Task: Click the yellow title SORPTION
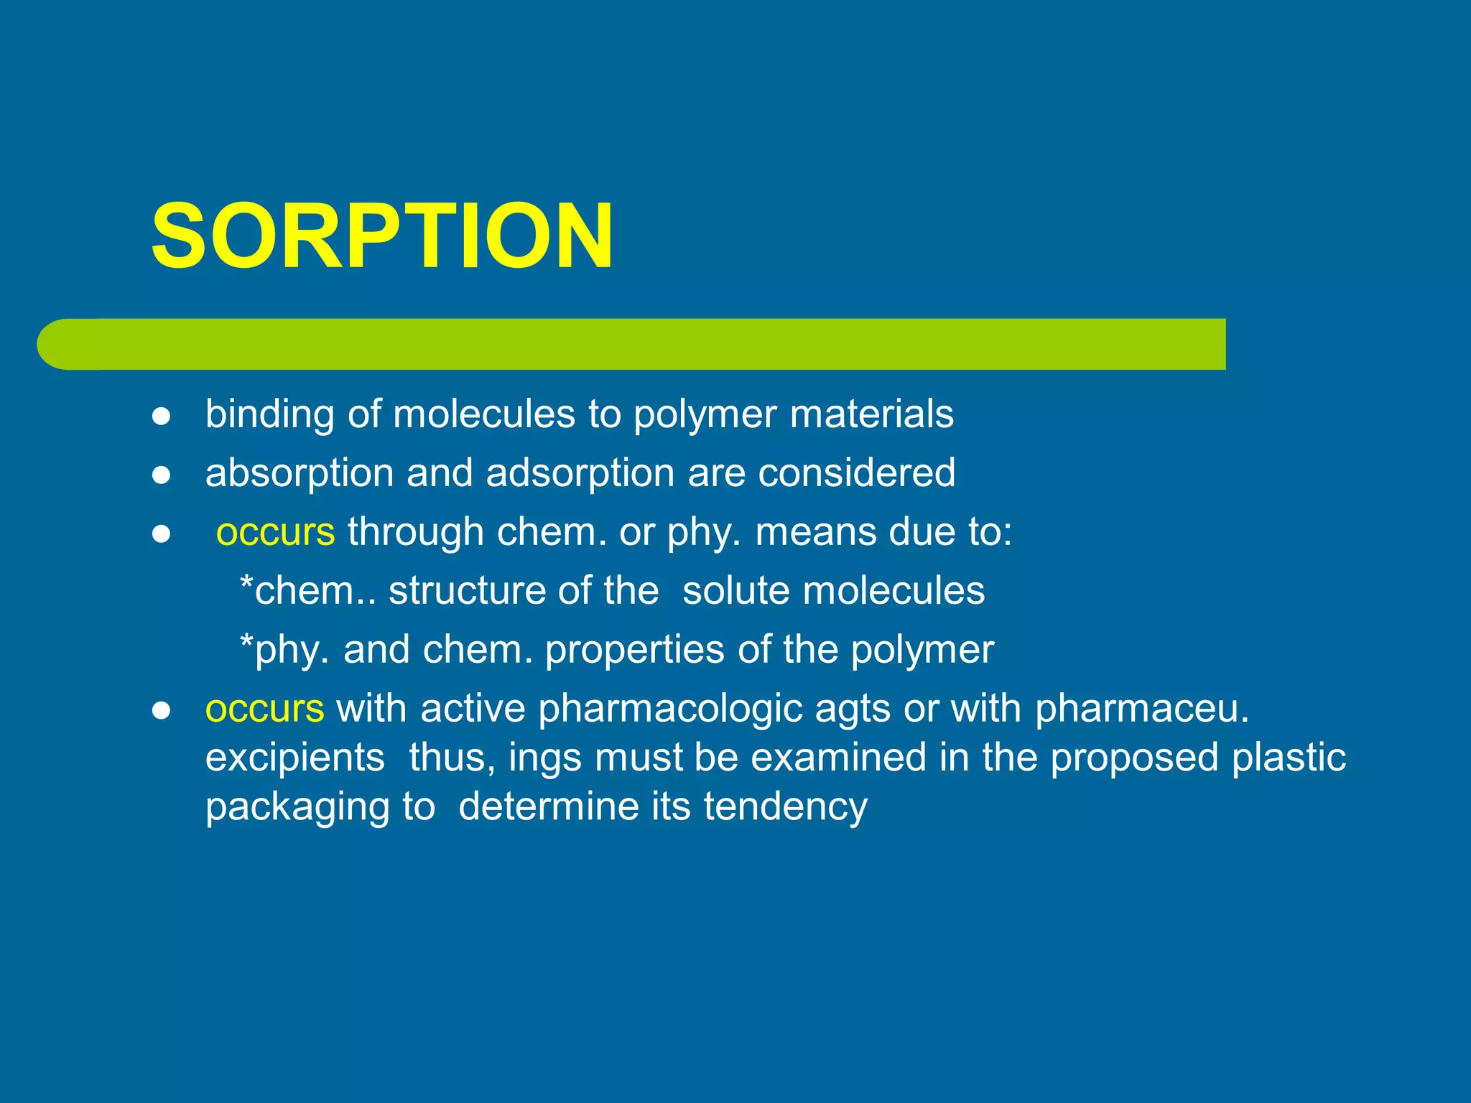[382, 236]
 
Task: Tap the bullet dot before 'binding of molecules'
[161, 416]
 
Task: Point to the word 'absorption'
[300, 474]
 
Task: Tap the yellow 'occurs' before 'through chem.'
[276, 532]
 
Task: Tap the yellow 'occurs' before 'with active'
[265, 709]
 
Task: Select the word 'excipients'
[294, 758]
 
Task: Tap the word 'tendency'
[785, 807]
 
